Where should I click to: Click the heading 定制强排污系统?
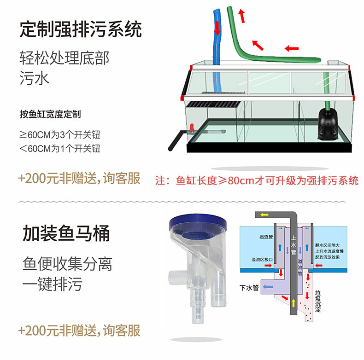click(81, 30)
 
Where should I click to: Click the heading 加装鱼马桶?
click(66, 233)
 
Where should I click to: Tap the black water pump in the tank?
click(328, 124)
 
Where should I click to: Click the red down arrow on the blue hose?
click(217, 29)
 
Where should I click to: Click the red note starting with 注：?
click(257, 180)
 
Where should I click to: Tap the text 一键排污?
click(53, 284)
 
